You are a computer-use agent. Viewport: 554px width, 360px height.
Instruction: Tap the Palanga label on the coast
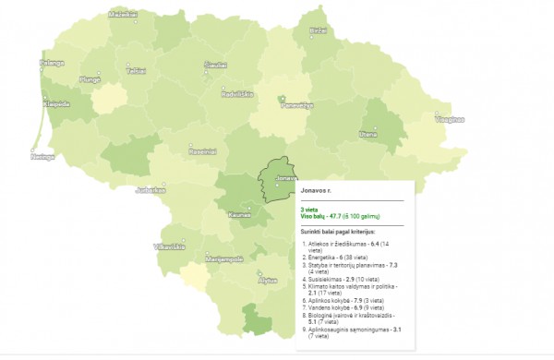(x=52, y=63)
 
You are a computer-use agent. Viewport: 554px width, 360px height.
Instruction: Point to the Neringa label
(x=43, y=157)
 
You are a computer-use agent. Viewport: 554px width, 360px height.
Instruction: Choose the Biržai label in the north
(x=319, y=30)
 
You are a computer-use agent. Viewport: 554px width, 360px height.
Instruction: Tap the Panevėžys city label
(x=297, y=104)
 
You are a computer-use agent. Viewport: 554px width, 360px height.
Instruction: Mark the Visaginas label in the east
(x=450, y=118)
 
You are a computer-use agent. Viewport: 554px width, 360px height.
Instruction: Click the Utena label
(x=368, y=134)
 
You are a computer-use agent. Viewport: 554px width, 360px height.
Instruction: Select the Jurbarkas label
(x=150, y=190)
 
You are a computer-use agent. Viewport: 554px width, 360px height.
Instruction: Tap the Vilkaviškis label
(x=169, y=246)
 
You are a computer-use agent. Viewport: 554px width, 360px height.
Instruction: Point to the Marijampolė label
(x=224, y=258)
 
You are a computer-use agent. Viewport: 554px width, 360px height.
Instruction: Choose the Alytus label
(x=269, y=279)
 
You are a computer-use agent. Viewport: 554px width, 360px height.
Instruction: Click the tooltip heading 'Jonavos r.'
(x=316, y=189)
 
